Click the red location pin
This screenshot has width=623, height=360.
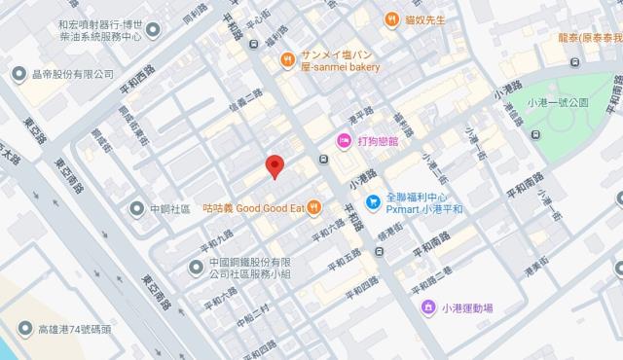click(275, 166)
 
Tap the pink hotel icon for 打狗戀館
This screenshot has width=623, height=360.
click(344, 142)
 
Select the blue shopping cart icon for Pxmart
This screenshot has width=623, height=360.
click(373, 202)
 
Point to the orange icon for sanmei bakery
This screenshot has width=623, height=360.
click(288, 60)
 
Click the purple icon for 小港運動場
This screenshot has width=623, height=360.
click(427, 308)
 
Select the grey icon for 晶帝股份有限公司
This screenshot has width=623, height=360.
click(18, 74)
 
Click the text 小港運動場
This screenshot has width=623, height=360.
click(466, 308)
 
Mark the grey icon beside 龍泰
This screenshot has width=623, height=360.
click(574, 61)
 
